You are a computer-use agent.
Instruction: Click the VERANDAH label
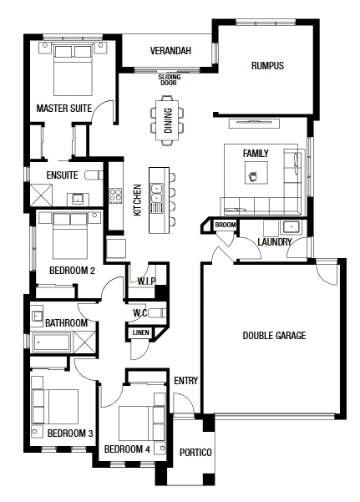tap(170, 51)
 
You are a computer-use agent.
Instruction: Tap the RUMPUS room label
tap(267, 66)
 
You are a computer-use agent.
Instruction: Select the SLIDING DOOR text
tap(170, 79)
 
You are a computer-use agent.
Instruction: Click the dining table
tap(167, 120)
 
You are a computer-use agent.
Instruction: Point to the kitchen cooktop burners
tap(115, 196)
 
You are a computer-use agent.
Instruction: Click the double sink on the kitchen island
tap(157, 193)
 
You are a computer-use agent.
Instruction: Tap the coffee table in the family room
tap(256, 173)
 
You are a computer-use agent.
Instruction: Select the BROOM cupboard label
tap(226, 225)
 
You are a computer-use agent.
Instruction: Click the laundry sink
tap(291, 227)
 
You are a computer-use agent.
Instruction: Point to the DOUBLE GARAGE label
tap(274, 335)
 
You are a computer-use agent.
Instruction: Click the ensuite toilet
tap(94, 175)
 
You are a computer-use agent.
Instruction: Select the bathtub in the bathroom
tap(52, 342)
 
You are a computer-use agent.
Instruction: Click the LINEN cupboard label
tap(140, 332)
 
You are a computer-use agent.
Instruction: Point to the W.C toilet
tap(157, 312)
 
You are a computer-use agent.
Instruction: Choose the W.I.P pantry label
tap(147, 281)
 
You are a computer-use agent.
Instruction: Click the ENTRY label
tap(185, 380)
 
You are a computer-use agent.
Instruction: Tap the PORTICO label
tap(195, 453)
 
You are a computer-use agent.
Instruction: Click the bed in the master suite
tap(73, 70)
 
